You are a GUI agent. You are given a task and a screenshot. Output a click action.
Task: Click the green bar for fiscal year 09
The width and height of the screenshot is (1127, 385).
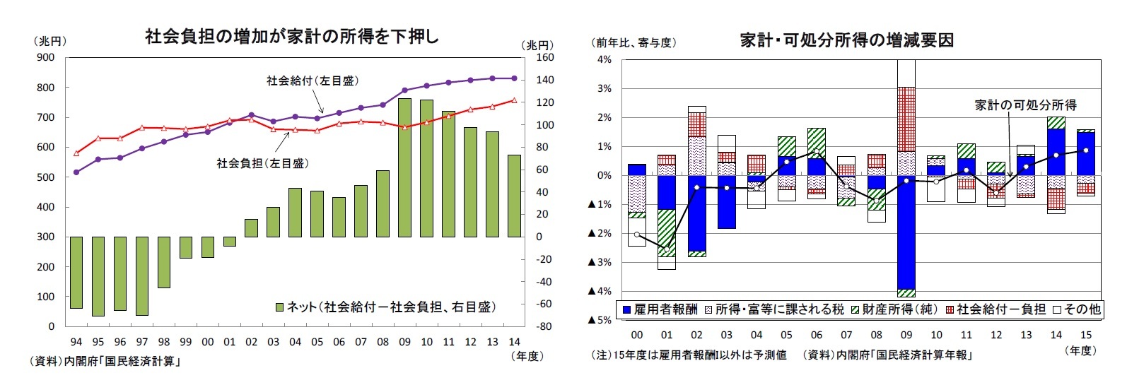[404, 167]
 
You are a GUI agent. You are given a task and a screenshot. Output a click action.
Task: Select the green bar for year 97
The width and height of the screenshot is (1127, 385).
[142, 276]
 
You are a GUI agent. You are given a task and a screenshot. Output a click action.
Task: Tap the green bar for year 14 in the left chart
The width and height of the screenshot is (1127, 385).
[514, 196]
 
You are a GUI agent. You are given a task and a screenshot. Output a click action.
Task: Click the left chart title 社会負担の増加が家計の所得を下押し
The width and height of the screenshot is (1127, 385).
[291, 37]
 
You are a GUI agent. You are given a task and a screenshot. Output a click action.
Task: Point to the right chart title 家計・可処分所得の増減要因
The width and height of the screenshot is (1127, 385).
[846, 40]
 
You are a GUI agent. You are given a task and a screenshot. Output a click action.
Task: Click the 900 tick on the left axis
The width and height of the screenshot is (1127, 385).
[46, 58]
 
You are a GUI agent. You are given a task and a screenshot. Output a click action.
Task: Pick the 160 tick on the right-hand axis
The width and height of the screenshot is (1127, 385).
[544, 58]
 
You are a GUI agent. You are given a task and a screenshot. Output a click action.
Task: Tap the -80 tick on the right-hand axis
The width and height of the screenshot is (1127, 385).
[543, 326]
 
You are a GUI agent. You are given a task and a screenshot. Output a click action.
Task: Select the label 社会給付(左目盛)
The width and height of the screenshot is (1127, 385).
[313, 81]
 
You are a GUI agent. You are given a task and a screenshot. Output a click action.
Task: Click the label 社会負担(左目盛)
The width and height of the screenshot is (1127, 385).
[262, 163]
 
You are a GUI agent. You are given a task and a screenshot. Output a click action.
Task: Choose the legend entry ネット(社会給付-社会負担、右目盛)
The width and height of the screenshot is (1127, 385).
[386, 307]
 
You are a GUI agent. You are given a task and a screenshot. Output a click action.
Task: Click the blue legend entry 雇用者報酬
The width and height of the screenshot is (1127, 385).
[659, 309]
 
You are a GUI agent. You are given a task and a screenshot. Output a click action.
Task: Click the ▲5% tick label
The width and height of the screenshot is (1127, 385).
[600, 320]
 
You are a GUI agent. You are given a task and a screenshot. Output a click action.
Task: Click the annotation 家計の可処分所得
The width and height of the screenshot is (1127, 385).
[1025, 105]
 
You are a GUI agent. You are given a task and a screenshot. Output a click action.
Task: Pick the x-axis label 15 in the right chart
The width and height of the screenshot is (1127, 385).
[1086, 335]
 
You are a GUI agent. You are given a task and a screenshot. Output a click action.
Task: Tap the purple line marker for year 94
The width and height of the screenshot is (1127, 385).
[76, 172]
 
